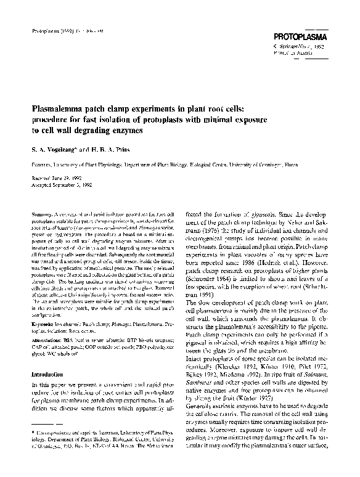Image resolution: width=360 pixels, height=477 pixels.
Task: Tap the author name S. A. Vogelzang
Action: click(57, 149)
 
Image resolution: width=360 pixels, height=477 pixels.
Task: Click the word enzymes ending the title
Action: click(126, 130)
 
